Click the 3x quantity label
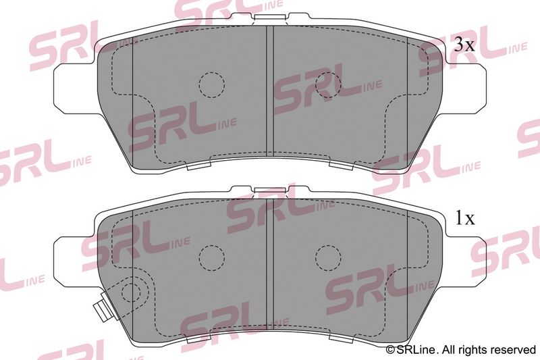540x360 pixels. pyautogui.click(x=464, y=45)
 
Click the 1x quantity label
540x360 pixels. pyautogui.click(x=465, y=217)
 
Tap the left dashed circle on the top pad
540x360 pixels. pyautogui.click(x=212, y=84)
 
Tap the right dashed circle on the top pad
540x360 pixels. pyautogui.click(x=328, y=84)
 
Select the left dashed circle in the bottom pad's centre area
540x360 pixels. pyautogui.click(x=212, y=258)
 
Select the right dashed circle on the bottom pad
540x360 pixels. pyautogui.click(x=328, y=258)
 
